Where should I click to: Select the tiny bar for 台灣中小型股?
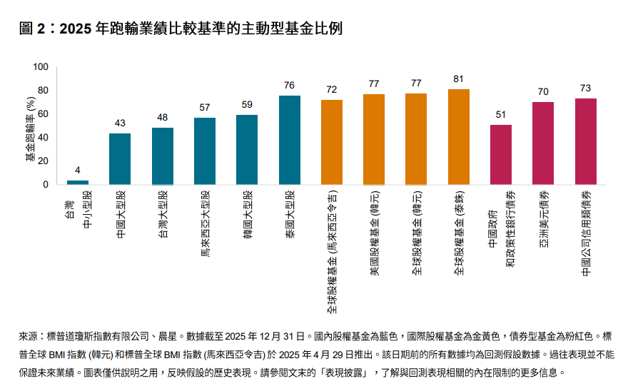point(78,182)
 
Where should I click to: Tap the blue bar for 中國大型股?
point(120,159)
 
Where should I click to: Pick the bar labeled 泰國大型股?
point(289,140)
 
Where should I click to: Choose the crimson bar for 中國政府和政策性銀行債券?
point(501,155)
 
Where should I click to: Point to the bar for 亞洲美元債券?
point(543,143)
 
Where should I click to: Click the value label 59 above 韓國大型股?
point(247,104)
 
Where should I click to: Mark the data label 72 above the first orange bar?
point(332,89)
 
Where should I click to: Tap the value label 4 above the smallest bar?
point(78,170)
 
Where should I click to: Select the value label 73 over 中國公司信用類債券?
point(585,88)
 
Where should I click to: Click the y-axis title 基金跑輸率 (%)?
point(30,126)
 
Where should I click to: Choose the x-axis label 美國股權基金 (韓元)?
point(374,232)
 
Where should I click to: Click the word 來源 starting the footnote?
point(26,335)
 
